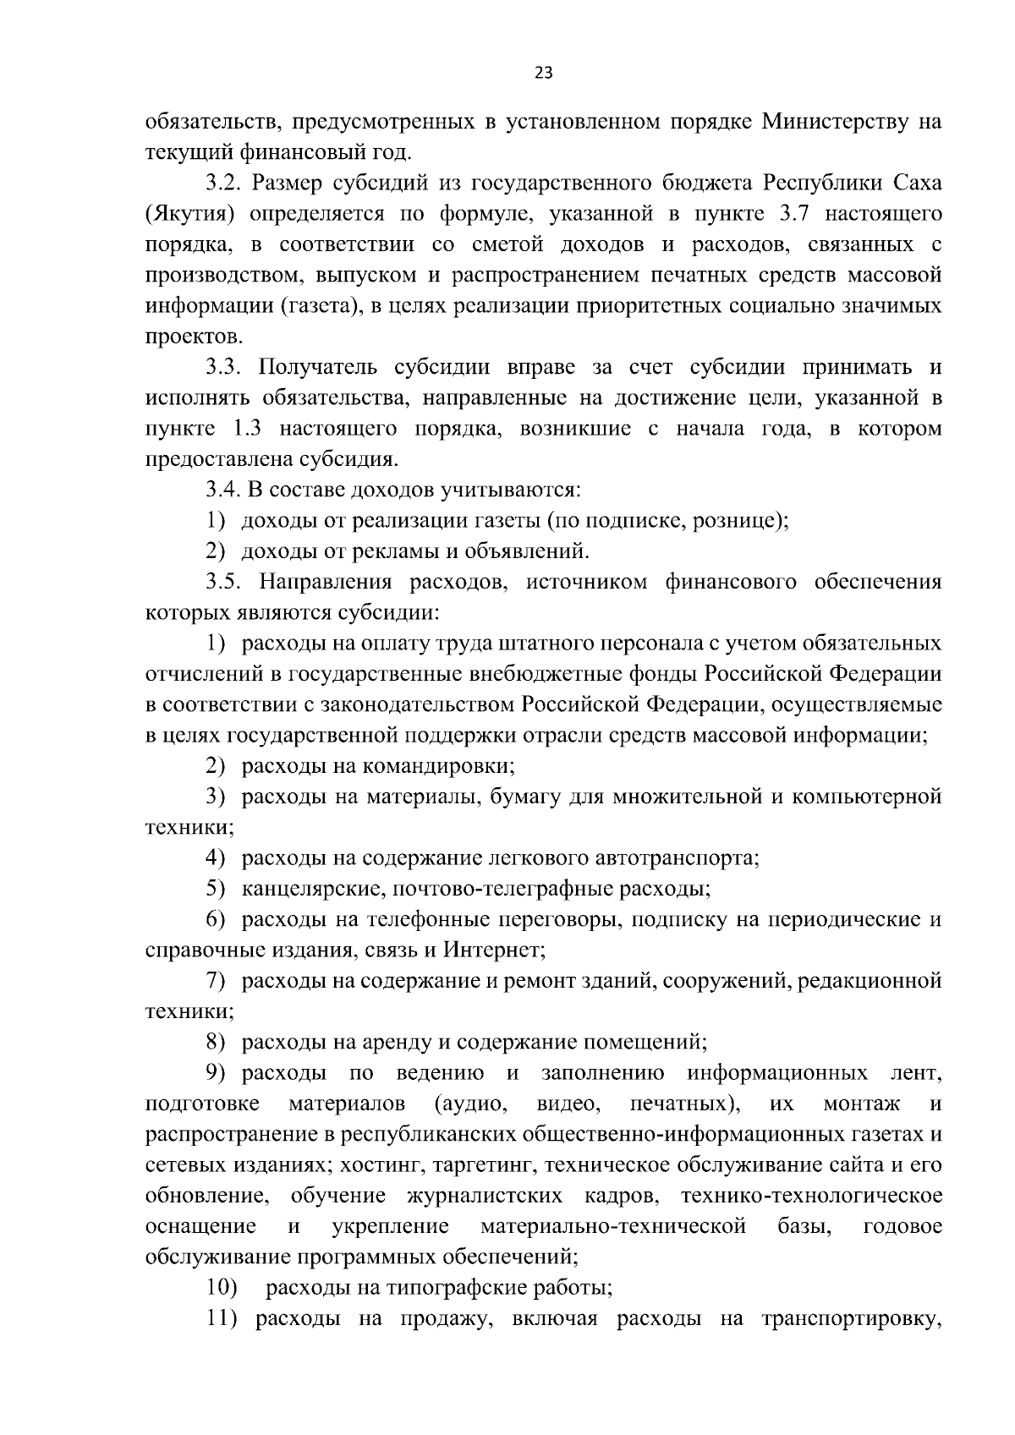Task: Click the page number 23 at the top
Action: (544, 73)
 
